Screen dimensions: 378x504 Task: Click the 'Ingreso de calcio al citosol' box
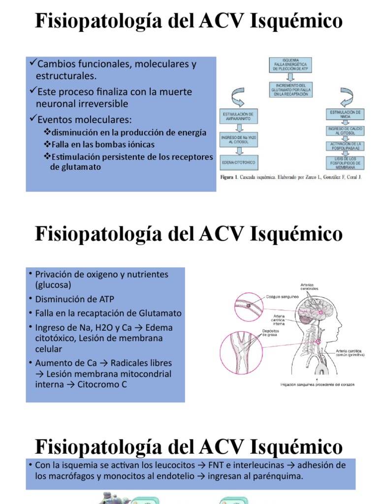[x=345, y=130]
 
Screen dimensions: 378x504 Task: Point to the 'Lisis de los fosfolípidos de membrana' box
[x=345, y=162]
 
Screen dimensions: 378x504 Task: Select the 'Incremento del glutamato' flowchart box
[x=291, y=91]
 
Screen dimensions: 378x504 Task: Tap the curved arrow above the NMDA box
[x=344, y=96]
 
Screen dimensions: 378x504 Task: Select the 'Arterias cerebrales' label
[x=309, y=286]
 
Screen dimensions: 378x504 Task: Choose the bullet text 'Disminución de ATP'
[x=74, y=299]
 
